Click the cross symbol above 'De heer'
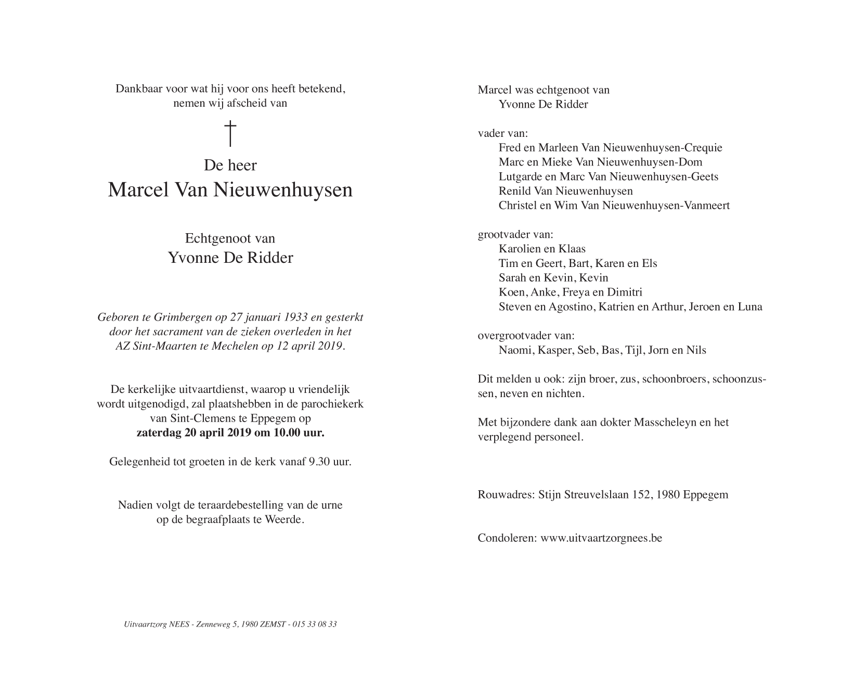point(230,133)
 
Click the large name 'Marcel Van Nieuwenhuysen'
point(230,190)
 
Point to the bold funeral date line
point(230,432)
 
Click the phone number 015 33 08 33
point(314,624)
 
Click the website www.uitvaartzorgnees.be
point(601,538)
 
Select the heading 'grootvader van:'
point(515,234)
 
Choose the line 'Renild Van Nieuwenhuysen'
point(565,191)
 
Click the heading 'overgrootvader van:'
point(526,336)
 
